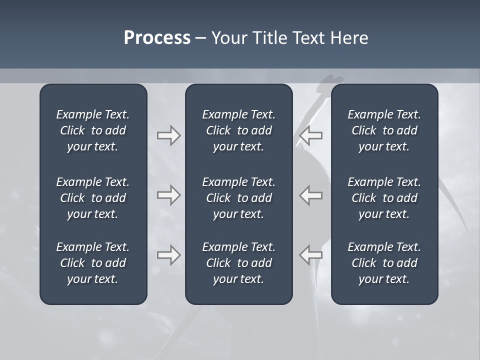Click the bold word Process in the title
pyautogui.click(x=157, y=38)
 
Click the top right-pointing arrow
pyautogui.click(x=168, y=135)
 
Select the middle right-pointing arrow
pyautogui.click(x=168, y=195)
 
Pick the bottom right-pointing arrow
pyautogui.click(x=168, y=255)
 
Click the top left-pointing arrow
pyautogui.click(x=311, y=135)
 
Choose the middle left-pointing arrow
pyautogui.click(x=311, y=195)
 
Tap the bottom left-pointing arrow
pyautogui.click(x=311, y=255)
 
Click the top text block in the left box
pyautogui.click(x=93, y=130)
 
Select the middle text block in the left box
pyautogui.click(x=93, y=198)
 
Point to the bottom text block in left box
pyautogui.click(x=93, y=263)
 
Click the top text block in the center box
pyautogui.click(x=238, y=130)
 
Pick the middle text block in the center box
pyautogui.click(x=238, y=198)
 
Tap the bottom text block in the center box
pyautogui.click(x=238, y=263)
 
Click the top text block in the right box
pyautogui.click(x=384, y=130)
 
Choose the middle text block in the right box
pyautogui.click(x=384, y=198)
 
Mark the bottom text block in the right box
pyautogui.click(x=384, y=263)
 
